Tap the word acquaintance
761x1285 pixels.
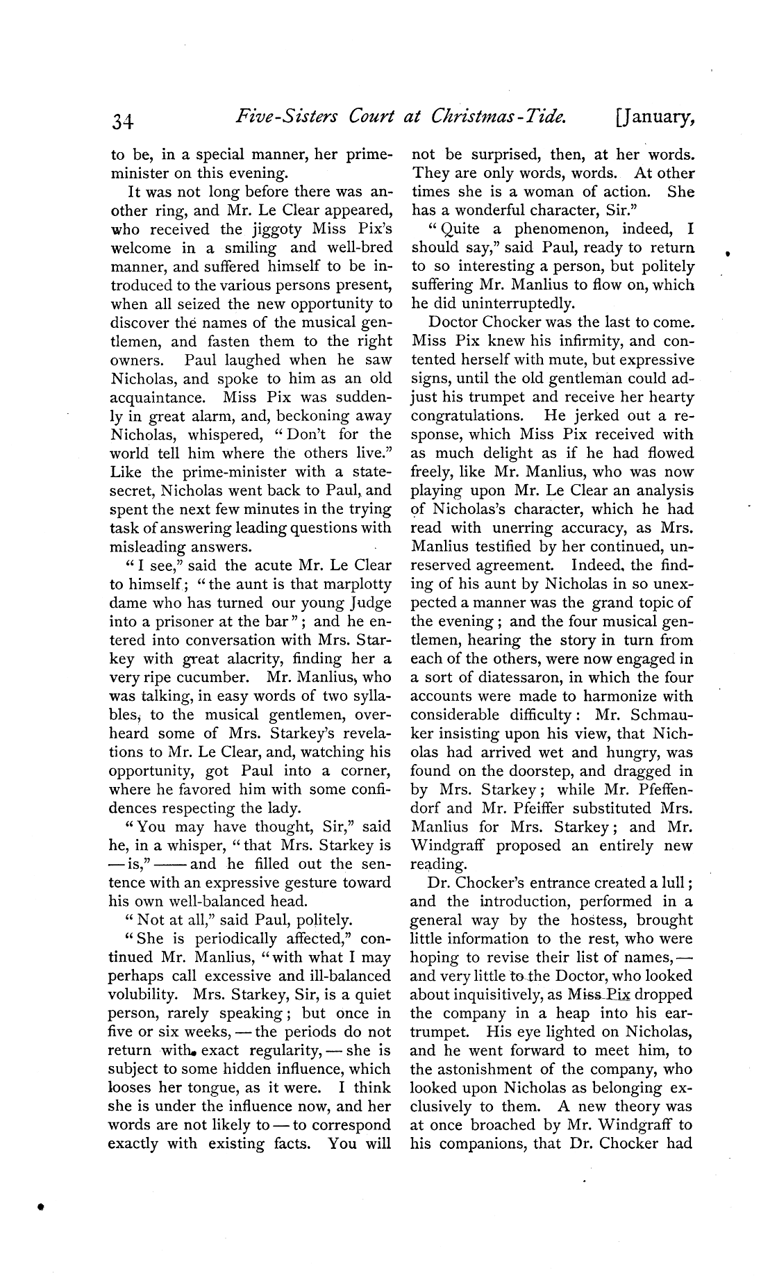tap(157, 397)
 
